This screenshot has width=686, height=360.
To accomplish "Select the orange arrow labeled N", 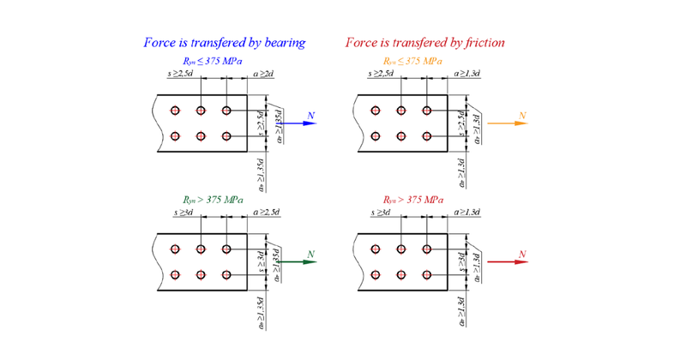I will [506, 123].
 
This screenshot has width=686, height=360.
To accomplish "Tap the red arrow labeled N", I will [505, 262].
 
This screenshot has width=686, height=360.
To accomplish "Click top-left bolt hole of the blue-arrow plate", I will [175, 111].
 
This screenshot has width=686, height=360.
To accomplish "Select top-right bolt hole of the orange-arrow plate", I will [426, 111].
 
